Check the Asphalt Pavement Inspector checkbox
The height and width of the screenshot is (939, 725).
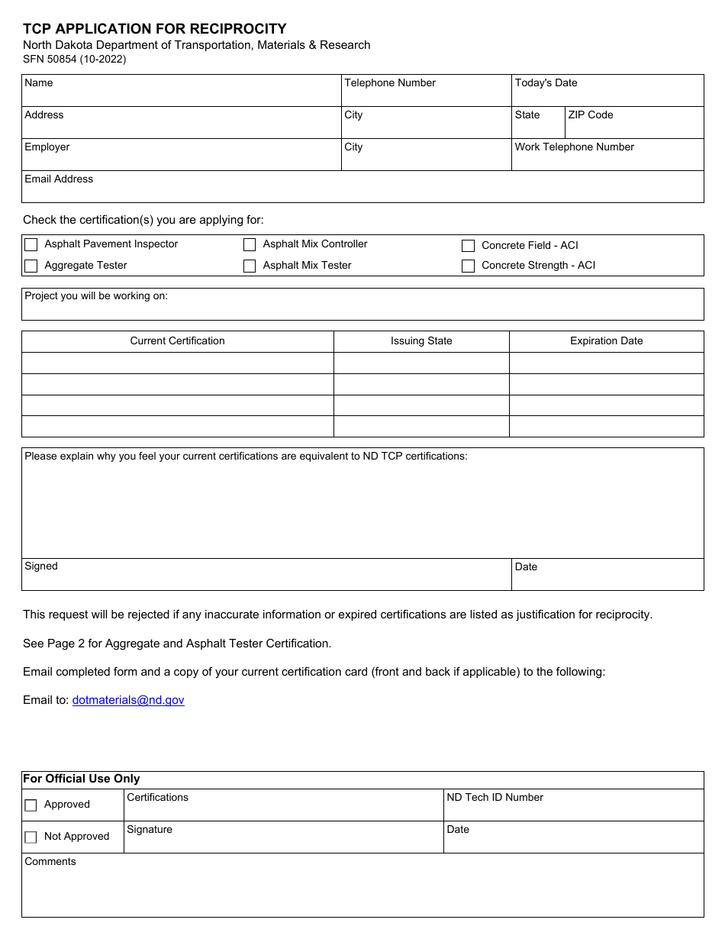31,245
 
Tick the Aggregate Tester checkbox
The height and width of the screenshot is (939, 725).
31,266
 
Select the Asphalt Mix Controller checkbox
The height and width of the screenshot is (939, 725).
250,245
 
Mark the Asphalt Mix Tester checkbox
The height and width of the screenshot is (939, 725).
250,266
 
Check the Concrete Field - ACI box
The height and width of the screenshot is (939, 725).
469,246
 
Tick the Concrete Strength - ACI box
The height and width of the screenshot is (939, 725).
469,266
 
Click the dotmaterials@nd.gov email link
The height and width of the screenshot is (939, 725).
128,700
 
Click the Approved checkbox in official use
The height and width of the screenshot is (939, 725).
31,805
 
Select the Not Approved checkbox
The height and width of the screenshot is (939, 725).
31,837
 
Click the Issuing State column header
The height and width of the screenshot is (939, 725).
421,341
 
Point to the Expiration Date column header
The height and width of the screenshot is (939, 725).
606,341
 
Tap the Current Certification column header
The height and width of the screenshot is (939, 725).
177,341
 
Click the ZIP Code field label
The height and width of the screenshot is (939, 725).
590,115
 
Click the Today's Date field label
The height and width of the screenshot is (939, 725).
546,83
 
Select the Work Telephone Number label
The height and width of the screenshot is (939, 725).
574,147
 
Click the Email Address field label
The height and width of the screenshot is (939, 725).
59,179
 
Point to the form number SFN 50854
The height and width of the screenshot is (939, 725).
74,59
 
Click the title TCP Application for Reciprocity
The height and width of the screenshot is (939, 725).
154,29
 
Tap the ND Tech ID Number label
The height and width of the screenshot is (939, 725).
495,798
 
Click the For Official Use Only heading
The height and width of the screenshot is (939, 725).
81,779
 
